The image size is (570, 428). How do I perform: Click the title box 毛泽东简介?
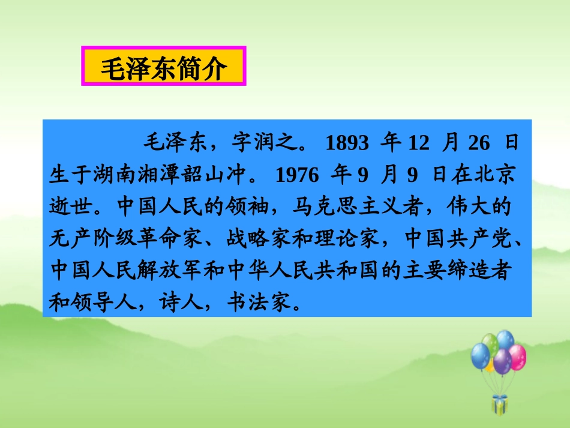point(163,69)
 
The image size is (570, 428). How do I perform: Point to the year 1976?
point(295,175)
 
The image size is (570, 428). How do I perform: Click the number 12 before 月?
point(420,143)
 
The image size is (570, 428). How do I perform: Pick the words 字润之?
point(268,143)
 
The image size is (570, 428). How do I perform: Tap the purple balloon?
point(502,361)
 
